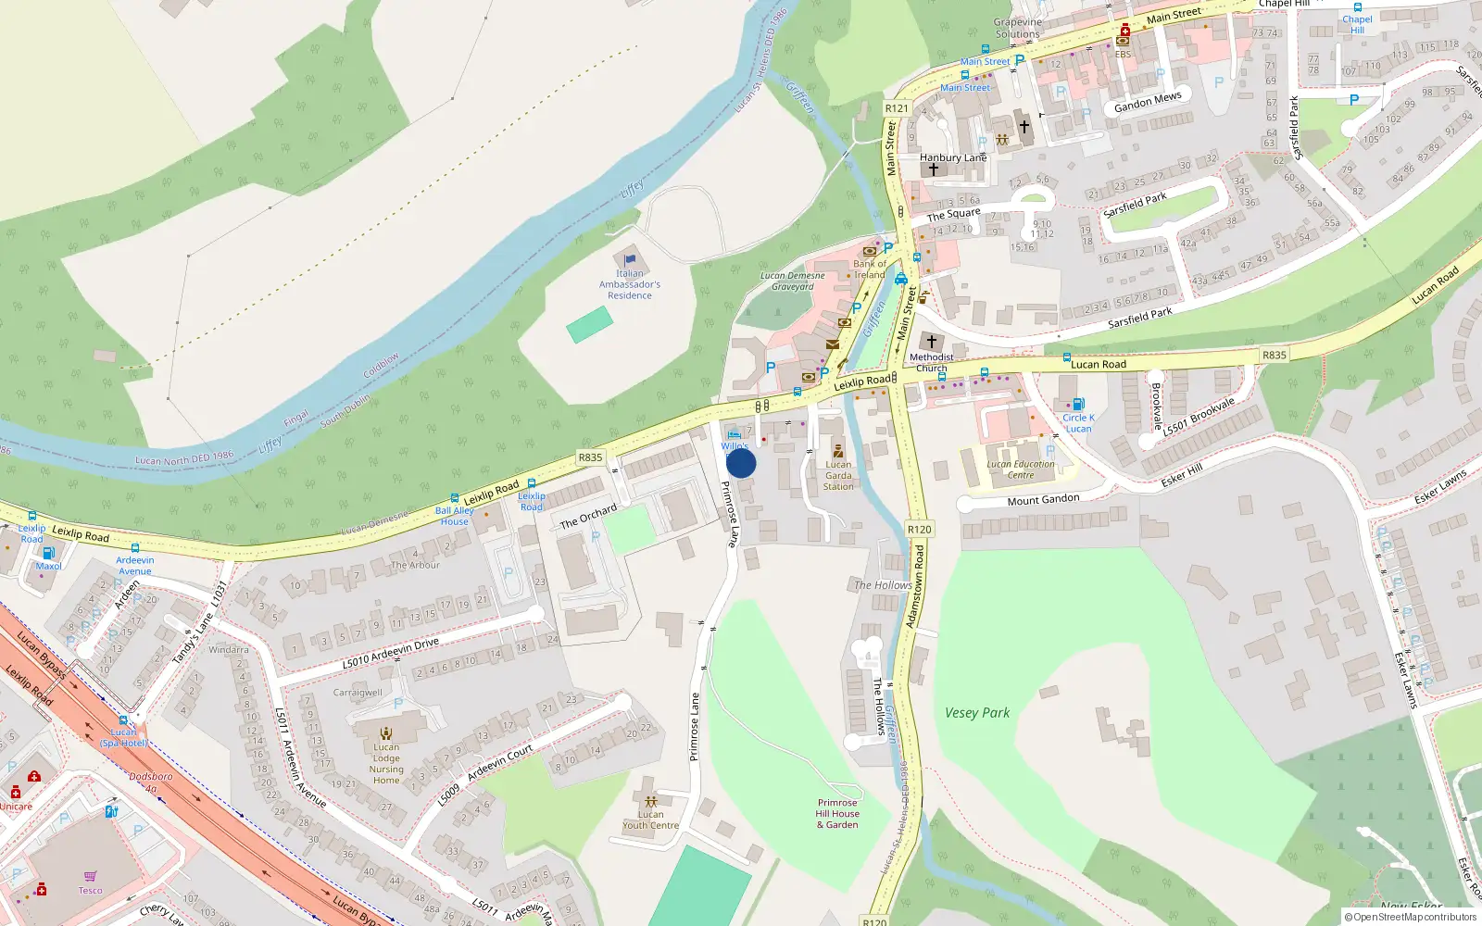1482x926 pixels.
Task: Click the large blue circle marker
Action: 741,463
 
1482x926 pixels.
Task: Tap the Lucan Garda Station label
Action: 838,476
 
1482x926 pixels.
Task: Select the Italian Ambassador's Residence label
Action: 630,284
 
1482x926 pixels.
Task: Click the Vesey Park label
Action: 977,713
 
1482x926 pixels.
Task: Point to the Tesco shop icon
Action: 90,876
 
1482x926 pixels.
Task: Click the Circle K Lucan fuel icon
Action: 1077,405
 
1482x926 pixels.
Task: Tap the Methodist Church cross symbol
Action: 932,342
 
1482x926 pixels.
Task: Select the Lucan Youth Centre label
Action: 650,820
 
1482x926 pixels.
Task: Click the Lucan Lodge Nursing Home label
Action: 386,764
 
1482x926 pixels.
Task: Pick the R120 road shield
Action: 919,530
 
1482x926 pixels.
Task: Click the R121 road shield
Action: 897,108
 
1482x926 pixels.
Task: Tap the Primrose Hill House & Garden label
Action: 837,814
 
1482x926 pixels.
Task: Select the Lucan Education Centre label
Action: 1020,469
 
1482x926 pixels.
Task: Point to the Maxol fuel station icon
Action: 48,553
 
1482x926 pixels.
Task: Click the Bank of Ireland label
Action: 870,269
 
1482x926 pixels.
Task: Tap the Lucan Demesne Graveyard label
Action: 793,282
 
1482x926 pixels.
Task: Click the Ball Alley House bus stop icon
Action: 455,498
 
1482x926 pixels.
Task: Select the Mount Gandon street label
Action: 1043,500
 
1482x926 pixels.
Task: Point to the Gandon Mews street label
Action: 1148,102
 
